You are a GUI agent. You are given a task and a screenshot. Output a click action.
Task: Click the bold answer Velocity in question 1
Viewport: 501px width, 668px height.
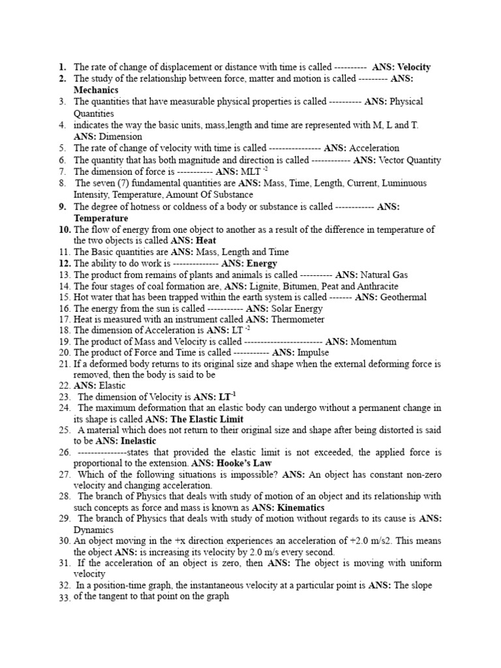pyautogui.click(x=414, y=67)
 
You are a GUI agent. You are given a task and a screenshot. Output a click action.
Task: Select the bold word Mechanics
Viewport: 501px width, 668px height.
pyautogui.click(x=96, y=90)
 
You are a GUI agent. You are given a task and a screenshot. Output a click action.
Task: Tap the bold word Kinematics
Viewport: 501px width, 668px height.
pyautogui.click(x=301, y=508)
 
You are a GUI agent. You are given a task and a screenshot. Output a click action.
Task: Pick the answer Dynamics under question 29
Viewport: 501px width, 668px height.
pyautogui.click(x=95, y=530)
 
